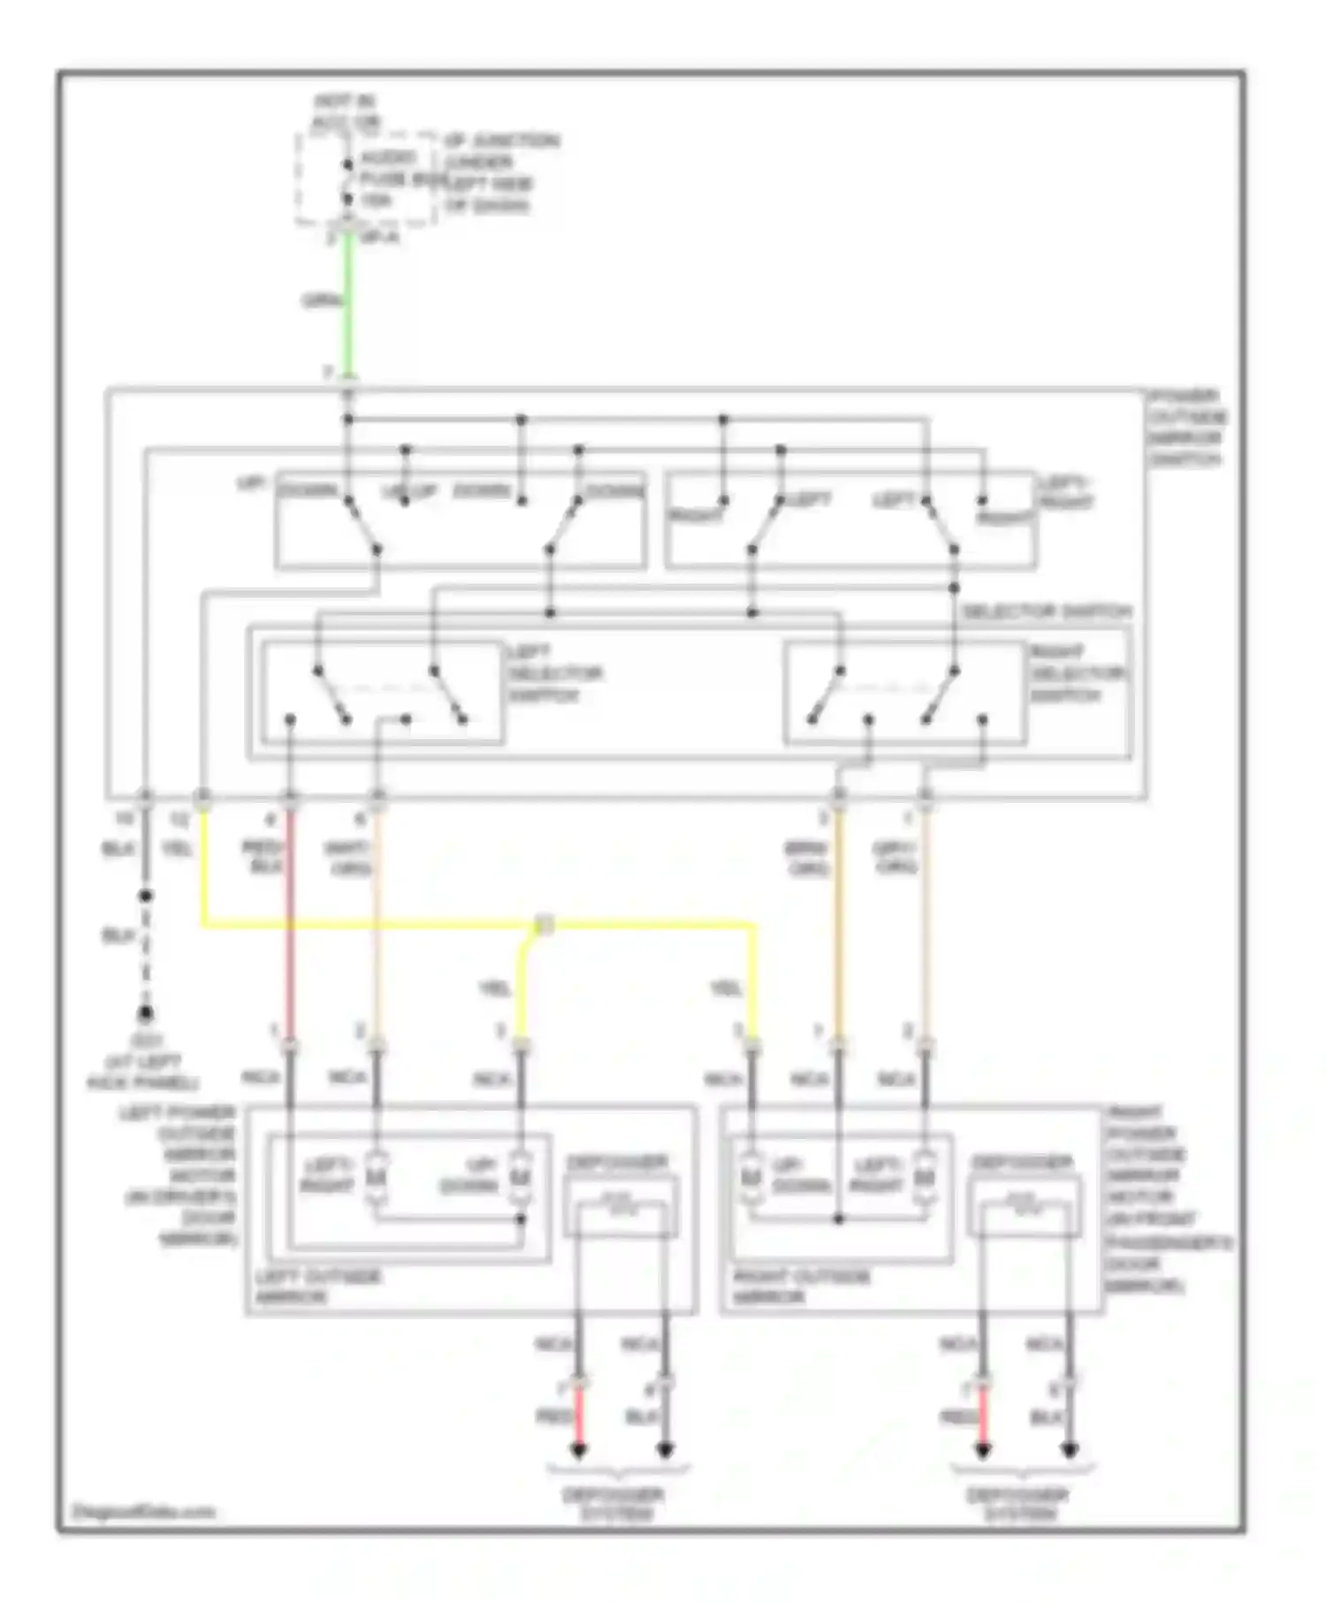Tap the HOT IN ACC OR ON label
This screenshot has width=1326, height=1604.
coord(346,112)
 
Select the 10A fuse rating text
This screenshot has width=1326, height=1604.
coord(376,202)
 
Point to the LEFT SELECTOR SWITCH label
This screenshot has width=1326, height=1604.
coord(554,674)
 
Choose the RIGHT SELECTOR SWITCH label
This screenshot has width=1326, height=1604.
coord(1078,674)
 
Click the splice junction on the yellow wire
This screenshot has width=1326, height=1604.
coord(545,926)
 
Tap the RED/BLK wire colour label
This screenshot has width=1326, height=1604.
coord(262,857)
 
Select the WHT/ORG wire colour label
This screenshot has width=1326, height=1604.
coord(347,857)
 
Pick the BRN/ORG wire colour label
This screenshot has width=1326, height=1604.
coord(806,857)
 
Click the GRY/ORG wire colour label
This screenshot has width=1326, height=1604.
coord(895,857)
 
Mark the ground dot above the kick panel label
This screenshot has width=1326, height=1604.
coord(145,1013)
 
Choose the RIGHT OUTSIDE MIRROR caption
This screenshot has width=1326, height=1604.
coord(801,1287)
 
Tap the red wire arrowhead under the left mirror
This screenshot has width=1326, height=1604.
coord(579,1450)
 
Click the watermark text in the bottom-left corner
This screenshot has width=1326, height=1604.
coord(141,1511)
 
